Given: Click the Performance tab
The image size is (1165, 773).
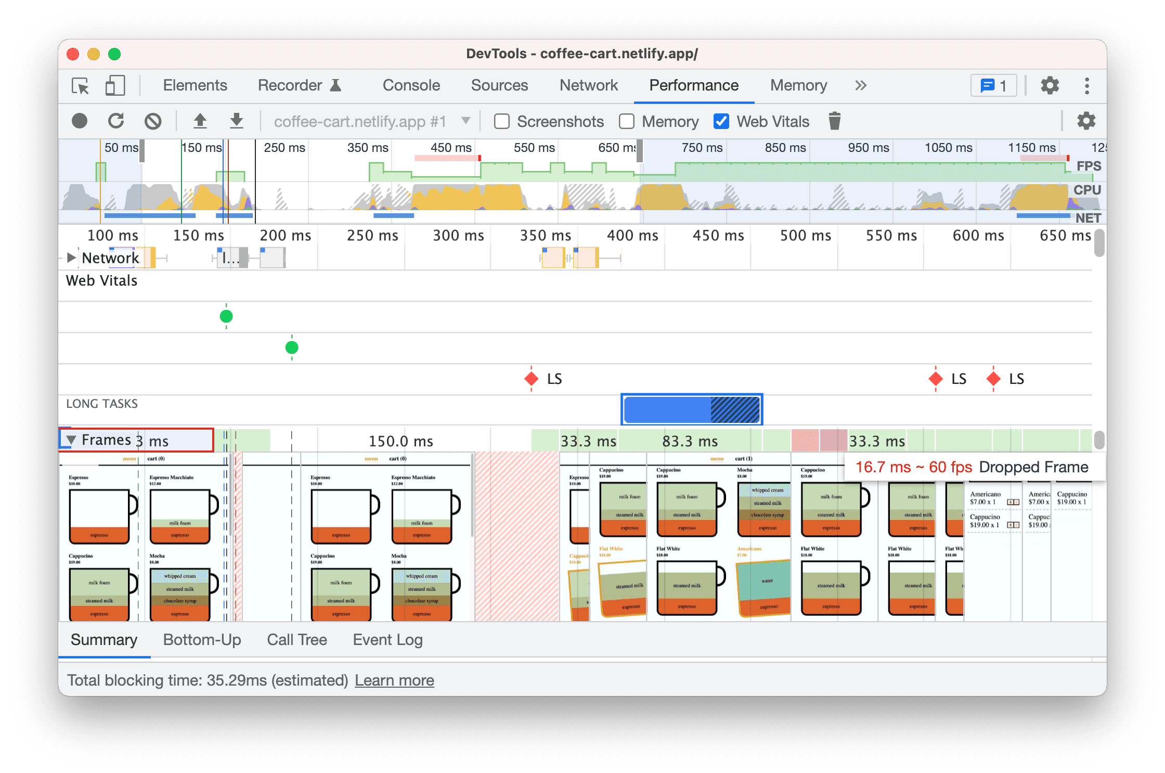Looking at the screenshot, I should [693, 85].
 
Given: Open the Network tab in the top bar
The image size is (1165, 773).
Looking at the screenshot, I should [588, 85].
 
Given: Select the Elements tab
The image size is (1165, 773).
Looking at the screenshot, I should [195, 85].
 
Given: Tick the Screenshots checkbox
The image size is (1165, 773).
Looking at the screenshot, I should [502, 122].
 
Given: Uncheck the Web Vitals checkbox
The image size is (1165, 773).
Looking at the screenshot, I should [721, 122].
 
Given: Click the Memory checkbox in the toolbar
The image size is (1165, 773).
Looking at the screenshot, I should [627, 122].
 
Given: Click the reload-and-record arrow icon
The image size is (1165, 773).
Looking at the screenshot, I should [116, 121].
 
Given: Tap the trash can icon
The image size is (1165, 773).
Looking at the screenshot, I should [834, 121].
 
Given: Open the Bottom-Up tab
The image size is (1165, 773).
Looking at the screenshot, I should [202, 640].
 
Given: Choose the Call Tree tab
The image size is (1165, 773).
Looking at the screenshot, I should [296, 640].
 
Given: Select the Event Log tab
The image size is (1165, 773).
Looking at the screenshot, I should [387, 640].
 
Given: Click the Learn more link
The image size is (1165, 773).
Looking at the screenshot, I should [394, 680].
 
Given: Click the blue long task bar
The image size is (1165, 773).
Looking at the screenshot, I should [691, 409].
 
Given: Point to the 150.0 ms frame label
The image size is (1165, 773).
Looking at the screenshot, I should [400, 442].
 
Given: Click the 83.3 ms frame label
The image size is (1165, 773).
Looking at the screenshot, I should [690, 442].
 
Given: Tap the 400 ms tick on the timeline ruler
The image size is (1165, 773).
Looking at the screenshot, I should [632, 236].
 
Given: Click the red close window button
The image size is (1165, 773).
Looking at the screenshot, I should [73, 54].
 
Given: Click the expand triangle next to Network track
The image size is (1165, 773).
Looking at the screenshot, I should [71, 257].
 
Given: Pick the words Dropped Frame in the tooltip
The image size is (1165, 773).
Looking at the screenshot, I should [1033, 467].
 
